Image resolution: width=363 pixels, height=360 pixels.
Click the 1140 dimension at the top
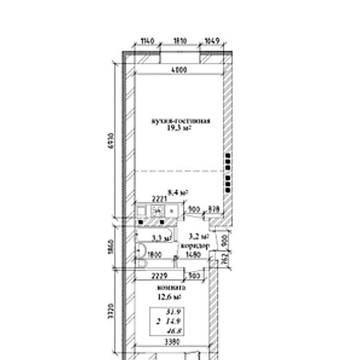point(146,42)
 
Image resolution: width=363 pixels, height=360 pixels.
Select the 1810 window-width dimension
point(180,42)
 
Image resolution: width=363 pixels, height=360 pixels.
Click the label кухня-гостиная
point(181,121)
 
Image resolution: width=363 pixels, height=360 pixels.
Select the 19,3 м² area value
point(180,129)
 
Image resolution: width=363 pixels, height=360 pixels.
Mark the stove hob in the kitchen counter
point(158,211)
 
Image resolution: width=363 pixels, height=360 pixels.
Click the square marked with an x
point(171,211)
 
